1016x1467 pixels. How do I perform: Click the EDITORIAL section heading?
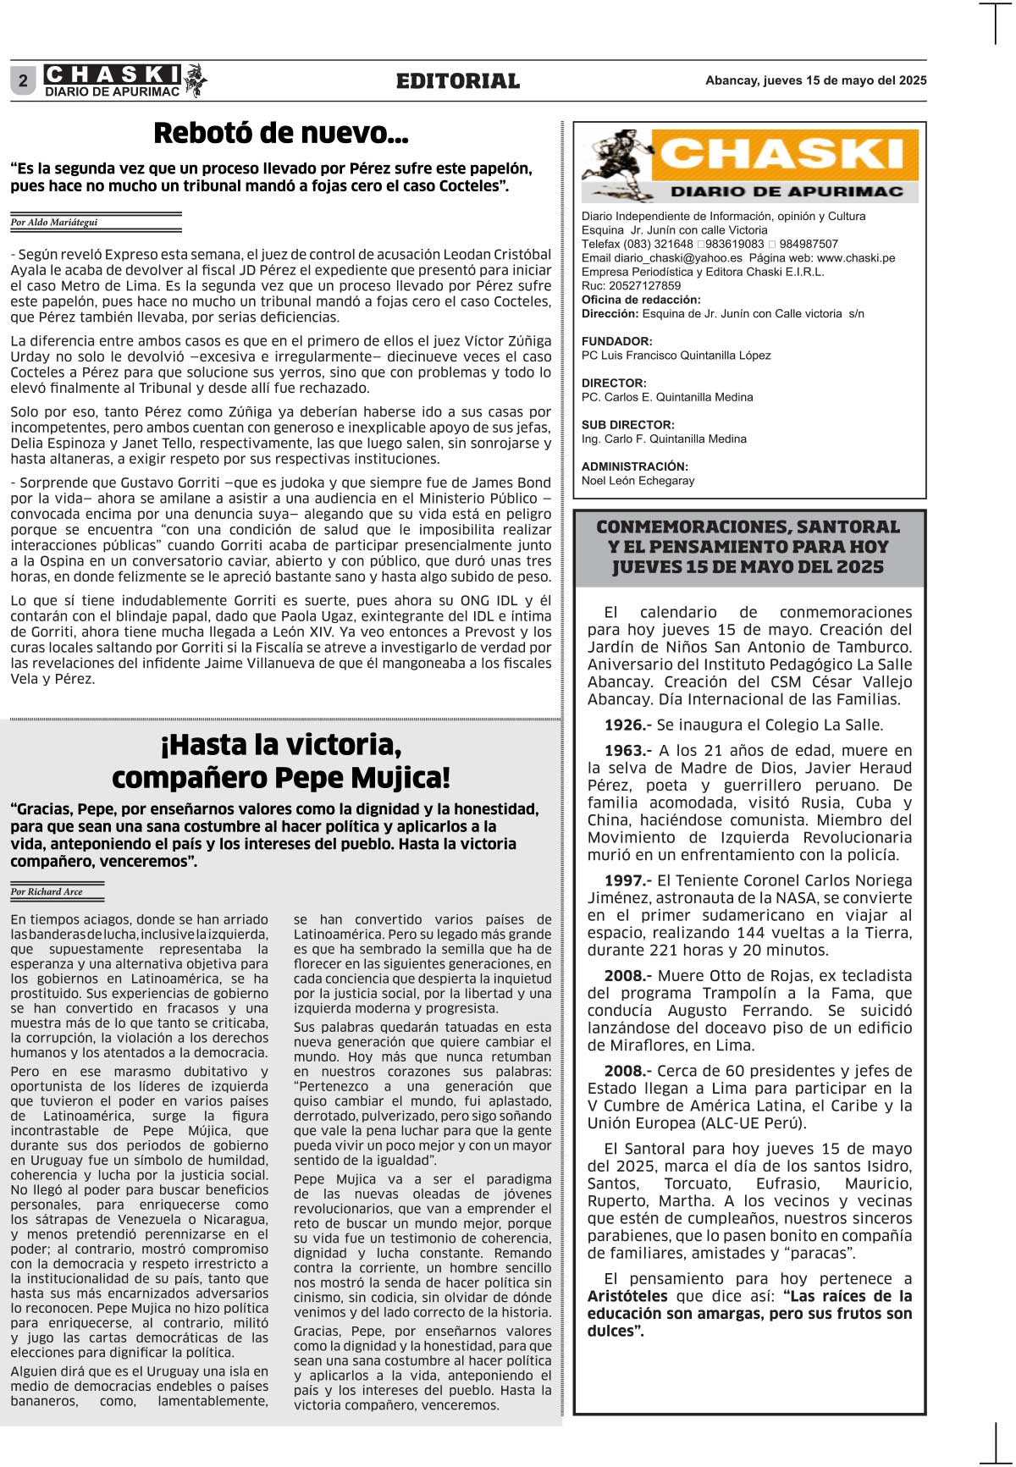pos(457,81)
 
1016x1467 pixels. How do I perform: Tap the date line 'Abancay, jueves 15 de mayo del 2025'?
pos(815,80)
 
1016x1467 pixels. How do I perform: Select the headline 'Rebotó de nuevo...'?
pos(281,133)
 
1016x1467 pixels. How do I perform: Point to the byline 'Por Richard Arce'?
pos(47,891)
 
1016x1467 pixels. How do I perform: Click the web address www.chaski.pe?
pos(856,258)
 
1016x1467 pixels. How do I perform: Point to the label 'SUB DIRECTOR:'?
pos(628,425)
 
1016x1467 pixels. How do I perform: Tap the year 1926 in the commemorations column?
pos(624,725)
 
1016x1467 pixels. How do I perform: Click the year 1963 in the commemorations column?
pos(624,751)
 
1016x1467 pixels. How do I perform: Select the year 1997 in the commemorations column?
pos(624,881)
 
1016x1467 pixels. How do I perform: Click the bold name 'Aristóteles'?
pos(627,1296)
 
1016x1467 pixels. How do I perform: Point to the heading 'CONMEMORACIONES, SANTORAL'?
pos(748,527)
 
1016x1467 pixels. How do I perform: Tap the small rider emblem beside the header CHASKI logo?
pos(196,80)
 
